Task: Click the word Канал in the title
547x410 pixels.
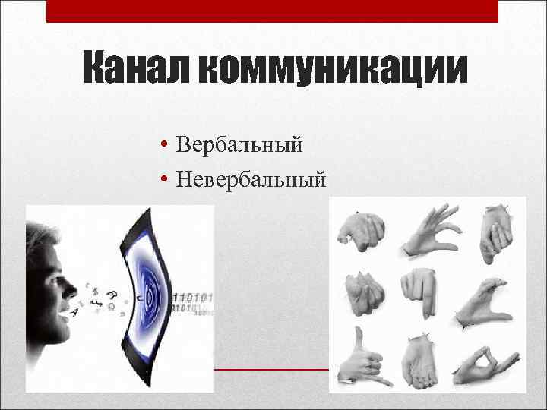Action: coord(136,71)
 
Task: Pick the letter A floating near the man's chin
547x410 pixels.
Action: coord(74,312)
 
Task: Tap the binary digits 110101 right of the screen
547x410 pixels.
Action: coord(194,296)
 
